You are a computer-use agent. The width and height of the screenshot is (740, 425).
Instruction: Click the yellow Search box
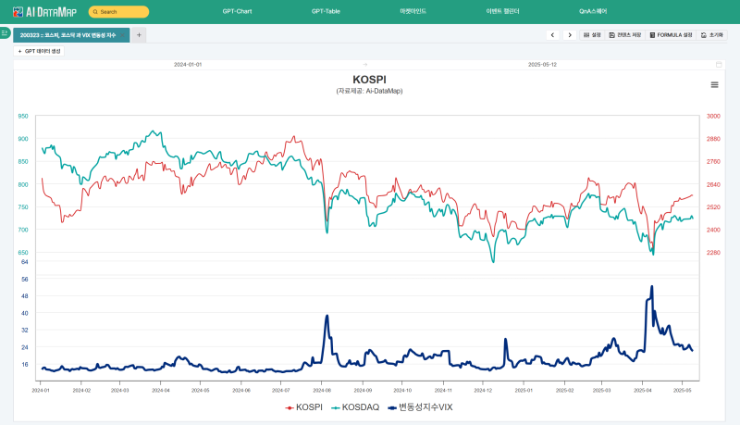pos(118,12)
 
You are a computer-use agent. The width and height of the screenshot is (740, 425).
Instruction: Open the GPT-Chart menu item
pos(237,11)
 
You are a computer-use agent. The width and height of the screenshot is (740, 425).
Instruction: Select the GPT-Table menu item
pos(326,11)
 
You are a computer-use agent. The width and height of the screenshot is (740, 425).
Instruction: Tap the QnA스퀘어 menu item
pos(593,11)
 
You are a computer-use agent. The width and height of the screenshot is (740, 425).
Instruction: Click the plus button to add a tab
pos(139,34)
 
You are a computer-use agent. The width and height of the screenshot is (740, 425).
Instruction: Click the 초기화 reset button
pos(711,34)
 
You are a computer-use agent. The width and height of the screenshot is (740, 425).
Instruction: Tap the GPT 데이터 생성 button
pos(39,51)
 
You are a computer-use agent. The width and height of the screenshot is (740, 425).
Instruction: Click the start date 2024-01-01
pos(188,65)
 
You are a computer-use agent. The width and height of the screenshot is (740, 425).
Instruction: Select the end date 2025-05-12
pos(542,65)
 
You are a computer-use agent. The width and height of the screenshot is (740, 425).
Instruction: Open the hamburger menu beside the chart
pos(714,84)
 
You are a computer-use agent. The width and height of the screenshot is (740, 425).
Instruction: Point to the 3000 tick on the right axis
pos(713,117)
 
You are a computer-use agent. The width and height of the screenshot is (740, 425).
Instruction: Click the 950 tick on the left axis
pos(22,117)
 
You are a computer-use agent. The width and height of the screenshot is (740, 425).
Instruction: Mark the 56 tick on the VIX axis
pos(24,279)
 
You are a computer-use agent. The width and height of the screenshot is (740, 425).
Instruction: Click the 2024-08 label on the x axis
pos(322,391)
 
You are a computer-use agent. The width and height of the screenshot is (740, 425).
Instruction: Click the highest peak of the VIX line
pos(652,286)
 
